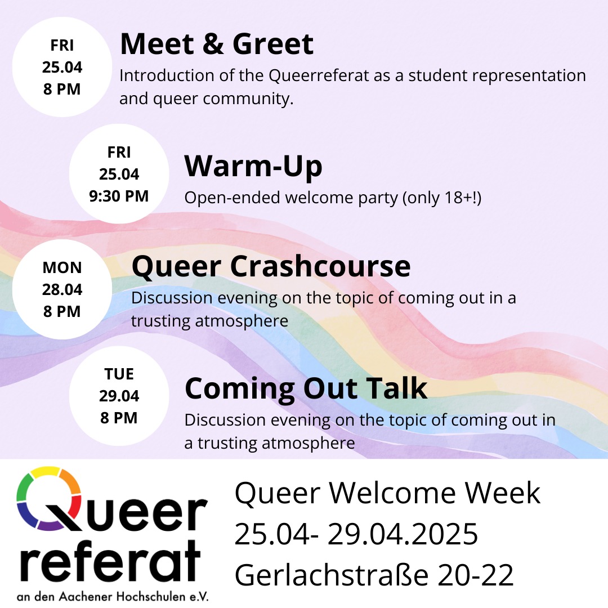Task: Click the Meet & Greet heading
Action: click(217, 44)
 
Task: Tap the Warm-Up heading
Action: click(253, 166)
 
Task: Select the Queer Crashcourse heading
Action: click(271, 266)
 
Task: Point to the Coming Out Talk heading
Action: click(306, 388)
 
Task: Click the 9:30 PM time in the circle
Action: click(119, 196)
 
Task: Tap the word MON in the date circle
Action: click(62, 267)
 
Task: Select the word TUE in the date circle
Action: click(119, 374)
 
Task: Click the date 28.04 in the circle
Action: click(62, 289)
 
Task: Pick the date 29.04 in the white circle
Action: click(119, 396)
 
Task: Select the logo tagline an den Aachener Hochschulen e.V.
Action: click(113, 596)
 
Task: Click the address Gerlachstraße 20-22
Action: click(374, 575)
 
